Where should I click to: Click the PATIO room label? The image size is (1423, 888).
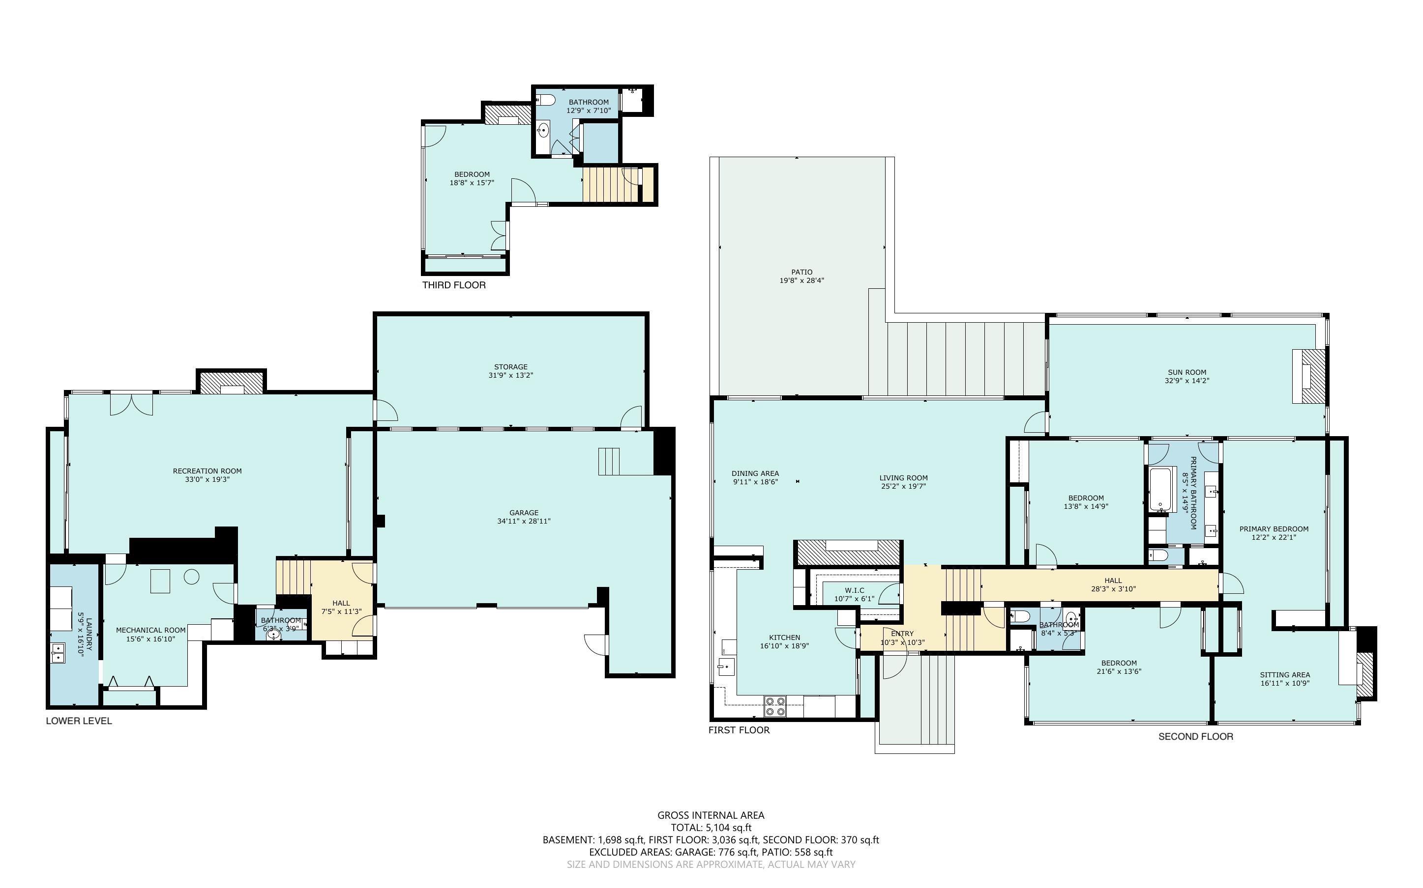click(x=801, y=272)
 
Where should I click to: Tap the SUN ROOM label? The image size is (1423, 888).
click(x=1186, y=372)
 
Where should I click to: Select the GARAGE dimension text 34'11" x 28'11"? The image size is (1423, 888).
click(x=523, y=521)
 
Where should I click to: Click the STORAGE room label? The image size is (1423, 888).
click(x=510, y=366)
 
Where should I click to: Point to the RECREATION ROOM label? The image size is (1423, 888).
click(x=207, y=471)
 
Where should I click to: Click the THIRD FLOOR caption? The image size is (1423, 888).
click(x=454, y=285)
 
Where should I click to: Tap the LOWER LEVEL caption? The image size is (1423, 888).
click(x=79, y=721)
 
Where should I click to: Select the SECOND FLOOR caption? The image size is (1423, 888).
click(x=1195, y=736)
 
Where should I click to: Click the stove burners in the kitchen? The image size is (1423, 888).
click(x=775, y=706)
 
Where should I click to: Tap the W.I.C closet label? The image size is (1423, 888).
click(x=854, y=590)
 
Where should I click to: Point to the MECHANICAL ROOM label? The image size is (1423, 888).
click(x=150, y=630)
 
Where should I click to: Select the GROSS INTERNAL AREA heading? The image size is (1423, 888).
click(x=711, y=815)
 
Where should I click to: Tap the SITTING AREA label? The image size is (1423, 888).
click(x=1284, y=675)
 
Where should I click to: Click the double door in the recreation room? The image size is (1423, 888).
click(x=132, y=404)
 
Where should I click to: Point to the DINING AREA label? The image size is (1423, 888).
click(x=755, y=473)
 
